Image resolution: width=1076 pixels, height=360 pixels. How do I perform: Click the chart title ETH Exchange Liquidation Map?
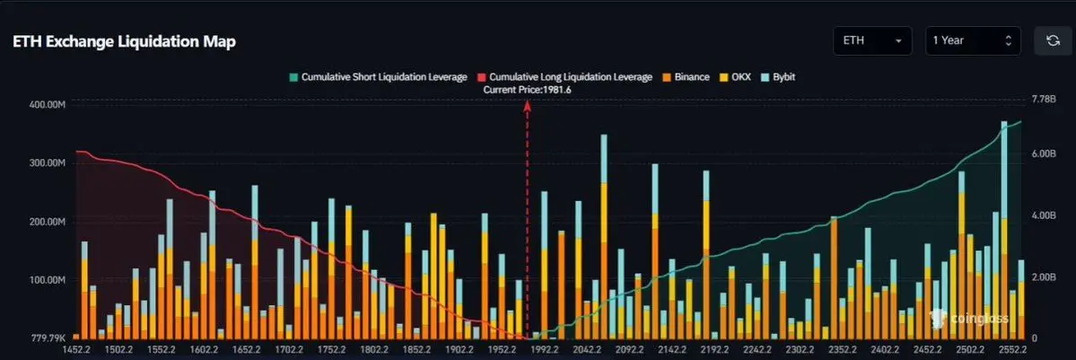click(124, 42)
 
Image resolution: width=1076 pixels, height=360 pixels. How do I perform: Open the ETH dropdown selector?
click(872, 41)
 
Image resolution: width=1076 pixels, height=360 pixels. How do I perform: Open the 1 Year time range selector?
click(974, 41)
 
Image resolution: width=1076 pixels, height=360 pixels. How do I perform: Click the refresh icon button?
click(1053, 41)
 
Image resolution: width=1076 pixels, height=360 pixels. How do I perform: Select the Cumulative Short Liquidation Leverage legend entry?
click(377, 77)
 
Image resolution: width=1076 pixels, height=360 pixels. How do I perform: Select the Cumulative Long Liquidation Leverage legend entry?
click(564, 77)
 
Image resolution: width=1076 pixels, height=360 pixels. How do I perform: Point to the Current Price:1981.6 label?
click(527, 90)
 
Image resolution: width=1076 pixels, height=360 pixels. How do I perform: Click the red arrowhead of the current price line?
click(527, 105)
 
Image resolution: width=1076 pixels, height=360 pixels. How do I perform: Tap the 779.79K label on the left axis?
click(49, 338)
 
